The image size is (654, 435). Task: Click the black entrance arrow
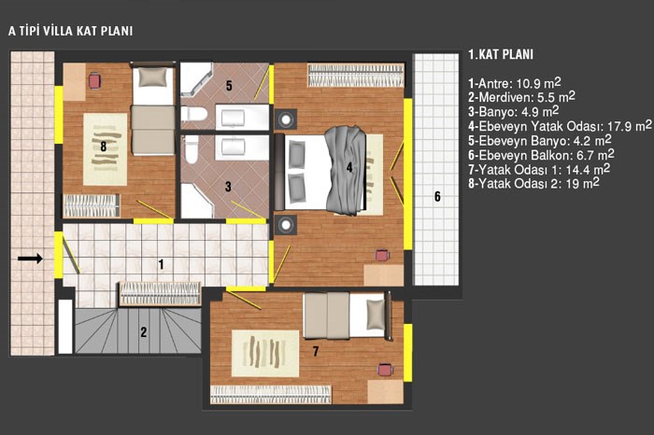point(30,259)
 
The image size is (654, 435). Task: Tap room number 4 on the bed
point(349,167)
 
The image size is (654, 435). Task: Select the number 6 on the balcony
point(437,196)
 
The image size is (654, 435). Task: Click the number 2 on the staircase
point(144,332)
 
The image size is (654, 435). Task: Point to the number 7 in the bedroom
point(316,352)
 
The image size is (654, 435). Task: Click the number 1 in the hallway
point(161,264)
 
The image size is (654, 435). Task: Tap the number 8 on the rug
point(104,147)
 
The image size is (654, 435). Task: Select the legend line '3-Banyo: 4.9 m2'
point(514,111)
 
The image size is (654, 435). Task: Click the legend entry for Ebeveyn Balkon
point(541,155)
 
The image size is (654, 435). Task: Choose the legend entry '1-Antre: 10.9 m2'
point(514,83)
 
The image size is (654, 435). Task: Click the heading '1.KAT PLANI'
point(501,54)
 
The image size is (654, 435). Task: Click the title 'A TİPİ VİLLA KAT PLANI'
point(70,31)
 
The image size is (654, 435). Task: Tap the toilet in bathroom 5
point(194,114)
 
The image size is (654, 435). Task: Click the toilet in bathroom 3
point(192,149)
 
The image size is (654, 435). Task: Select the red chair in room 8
point(95,80)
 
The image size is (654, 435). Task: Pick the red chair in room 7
point(385,370)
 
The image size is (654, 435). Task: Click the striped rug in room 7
point(265,354)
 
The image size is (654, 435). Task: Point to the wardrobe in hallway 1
point(160,294)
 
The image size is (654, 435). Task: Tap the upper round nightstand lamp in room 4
point(286,119)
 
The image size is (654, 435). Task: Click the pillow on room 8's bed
point(152,77)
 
